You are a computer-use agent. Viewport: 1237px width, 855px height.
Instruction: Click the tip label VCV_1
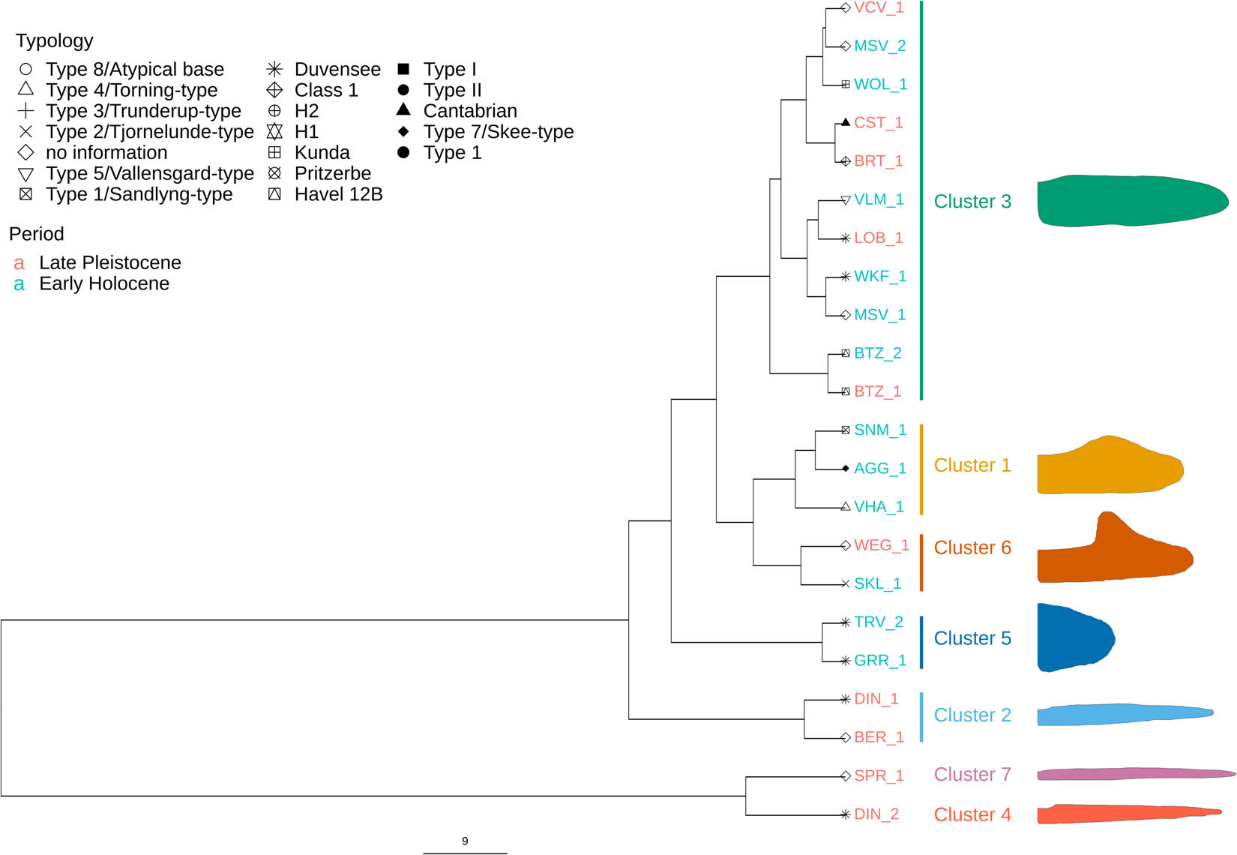click(x=879, y=8)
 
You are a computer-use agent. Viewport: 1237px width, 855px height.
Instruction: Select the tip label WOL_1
click(x=880, y=84)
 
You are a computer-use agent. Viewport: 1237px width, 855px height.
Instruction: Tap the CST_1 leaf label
click(x=878, y=122)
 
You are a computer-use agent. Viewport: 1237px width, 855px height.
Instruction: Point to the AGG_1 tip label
click(x=880, y=469)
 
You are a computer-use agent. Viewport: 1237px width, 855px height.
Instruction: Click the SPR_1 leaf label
click(x=879, y=775)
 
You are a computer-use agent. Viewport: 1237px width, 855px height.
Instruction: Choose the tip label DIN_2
click(x=876, y=814)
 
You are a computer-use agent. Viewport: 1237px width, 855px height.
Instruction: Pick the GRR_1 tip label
click(x=880, y=661)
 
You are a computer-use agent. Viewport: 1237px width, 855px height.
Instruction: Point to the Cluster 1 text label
click(x=972, y=466)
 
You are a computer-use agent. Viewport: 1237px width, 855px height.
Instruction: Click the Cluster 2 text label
click(x=972, y=715)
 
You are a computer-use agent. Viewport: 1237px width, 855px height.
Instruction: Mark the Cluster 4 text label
click(x=972, y=814)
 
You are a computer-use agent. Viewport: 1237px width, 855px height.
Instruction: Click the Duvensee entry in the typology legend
click(x=337, y=70)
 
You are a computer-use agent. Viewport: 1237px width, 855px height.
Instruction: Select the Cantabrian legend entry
click(x=469, y=111)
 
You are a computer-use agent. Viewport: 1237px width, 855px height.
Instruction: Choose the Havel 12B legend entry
click(x=338, y=194)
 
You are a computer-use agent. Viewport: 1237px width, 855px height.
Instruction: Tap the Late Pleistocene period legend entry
click(x=109, y=263)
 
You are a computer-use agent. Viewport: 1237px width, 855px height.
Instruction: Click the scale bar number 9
click(x=465, y=841)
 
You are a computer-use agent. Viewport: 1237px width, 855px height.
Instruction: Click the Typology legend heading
click(x=55, y=40)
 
